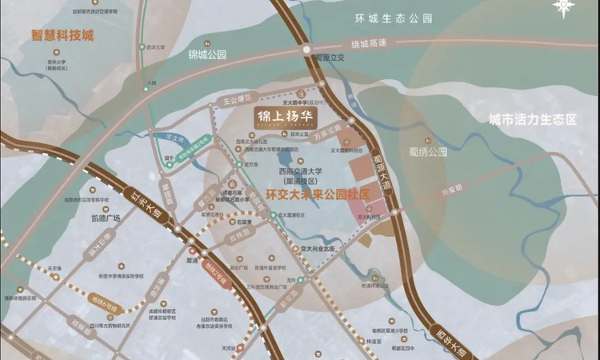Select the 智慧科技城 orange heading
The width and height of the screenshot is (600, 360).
62,36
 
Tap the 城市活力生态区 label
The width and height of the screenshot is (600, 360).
533,119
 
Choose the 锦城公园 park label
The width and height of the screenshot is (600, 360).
207,55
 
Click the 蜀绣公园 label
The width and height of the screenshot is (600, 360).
437,150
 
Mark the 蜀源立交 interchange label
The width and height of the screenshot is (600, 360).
328,58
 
